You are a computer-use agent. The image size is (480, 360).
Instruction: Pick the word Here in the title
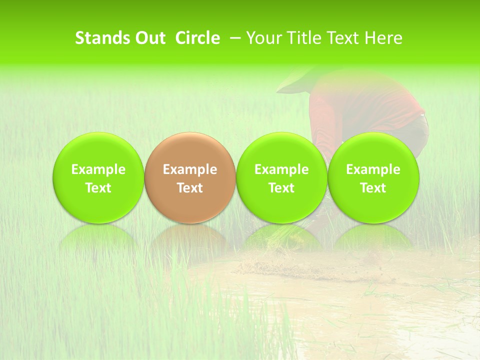tap(383, 38)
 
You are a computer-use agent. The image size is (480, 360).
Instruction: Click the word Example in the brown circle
tap(190, 169)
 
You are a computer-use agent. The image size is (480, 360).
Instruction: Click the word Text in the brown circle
tap(190, 188)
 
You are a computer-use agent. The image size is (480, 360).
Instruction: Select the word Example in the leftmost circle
tap(98, 169)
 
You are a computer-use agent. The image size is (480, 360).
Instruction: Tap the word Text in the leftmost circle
tap(98, 188)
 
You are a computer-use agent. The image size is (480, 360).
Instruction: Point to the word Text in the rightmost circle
tap(373, 188)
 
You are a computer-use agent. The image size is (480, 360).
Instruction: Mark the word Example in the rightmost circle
tap(373, 169)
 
